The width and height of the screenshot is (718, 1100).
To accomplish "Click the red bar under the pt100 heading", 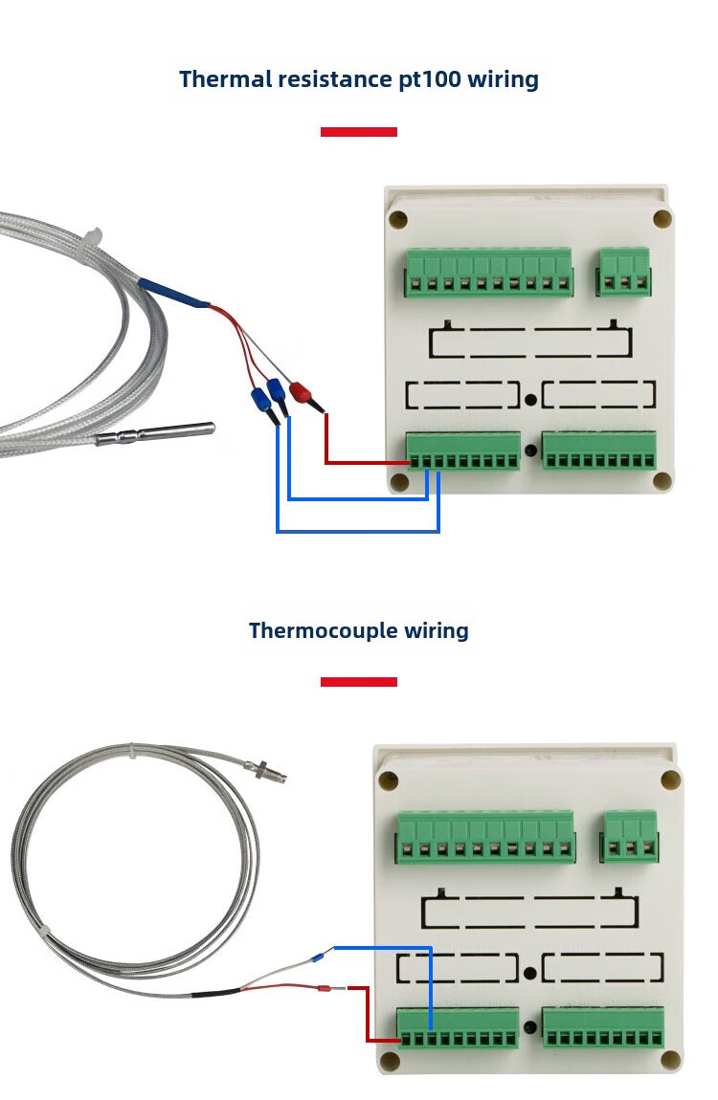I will [x=358, y=132].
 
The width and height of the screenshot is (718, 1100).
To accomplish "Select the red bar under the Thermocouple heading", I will [x=358, y=682].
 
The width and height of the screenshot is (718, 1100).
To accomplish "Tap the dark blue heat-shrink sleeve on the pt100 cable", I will [x=172, y=293].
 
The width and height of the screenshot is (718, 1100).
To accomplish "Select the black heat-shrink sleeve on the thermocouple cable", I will [x=214, y=993].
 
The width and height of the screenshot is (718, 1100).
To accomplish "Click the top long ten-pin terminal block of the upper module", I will [x=488, y=272].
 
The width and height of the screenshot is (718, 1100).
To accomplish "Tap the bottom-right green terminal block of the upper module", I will [x=599, y=451].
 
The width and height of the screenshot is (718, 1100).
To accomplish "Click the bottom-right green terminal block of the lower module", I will [x=603, y=1026].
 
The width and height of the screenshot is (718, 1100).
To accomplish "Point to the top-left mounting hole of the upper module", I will [x=398, y=219].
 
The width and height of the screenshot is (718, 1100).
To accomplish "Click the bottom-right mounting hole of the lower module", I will [x=670, y=1060].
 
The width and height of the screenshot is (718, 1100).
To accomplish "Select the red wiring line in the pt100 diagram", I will [x=327, y=450].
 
